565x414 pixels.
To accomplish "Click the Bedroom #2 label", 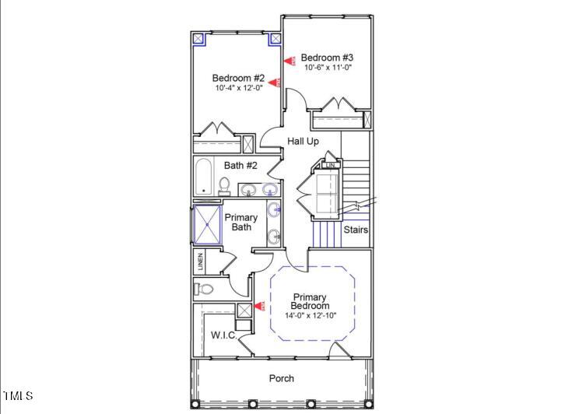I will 239,79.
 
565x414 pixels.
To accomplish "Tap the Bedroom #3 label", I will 328,58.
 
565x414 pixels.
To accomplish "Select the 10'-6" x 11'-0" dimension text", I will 328,68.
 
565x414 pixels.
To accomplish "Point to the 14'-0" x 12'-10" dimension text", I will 311,315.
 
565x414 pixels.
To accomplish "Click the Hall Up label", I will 304,141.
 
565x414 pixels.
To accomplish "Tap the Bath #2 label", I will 240,165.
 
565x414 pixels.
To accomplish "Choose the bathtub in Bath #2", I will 204,177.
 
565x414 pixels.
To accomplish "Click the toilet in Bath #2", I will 224,185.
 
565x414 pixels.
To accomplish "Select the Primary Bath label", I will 241,223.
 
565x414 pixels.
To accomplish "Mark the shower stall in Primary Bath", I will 206,223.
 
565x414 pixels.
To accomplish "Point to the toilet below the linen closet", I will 205,289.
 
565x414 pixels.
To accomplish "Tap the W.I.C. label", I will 224,335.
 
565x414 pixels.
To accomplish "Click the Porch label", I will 282,378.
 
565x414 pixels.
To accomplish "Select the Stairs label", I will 356,230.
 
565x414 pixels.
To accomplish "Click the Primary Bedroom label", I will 311,301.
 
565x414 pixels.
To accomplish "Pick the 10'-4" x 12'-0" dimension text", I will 239,89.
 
